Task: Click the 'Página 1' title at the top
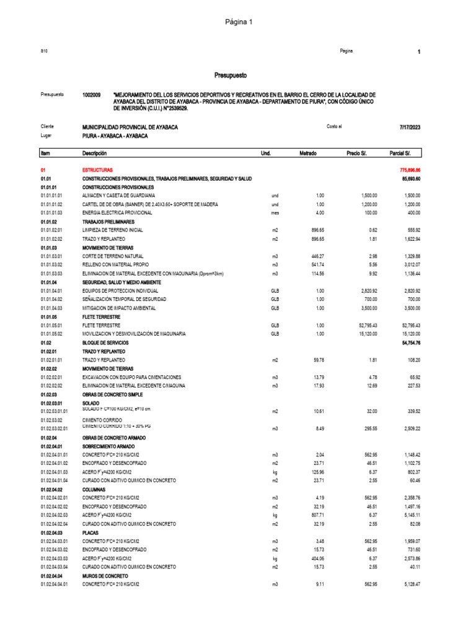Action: tap(238, 22)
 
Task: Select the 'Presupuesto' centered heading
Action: tap(231, 76)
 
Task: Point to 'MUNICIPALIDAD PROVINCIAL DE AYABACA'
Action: tap(130, 127)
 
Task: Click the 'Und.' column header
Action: tap(266, 153)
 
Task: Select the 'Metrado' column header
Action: tap(308, 153)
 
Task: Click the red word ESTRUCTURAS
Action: tap(97, 169)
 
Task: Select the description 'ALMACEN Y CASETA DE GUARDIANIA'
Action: tap(118, 195)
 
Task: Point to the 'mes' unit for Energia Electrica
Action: tap(275, 212)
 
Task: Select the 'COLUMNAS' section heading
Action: tap(94, 488)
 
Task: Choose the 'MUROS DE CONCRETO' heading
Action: tap(104, 575)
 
